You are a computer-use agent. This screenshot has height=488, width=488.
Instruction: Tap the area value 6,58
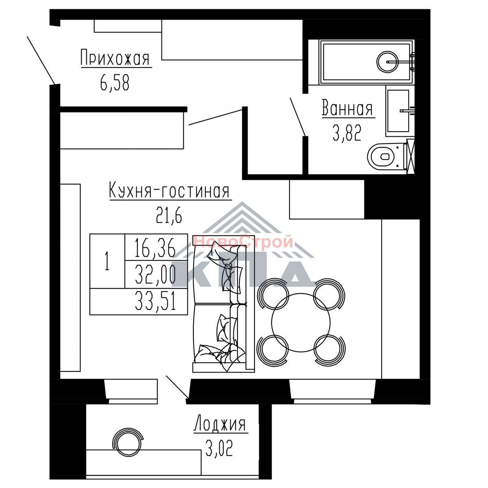coord(115,83)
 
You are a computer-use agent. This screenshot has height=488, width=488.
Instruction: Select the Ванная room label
coord(347,108)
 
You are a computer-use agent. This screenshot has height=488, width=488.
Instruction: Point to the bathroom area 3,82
coord(347,133)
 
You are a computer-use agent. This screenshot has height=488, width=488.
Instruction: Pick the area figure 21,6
coord(169,215)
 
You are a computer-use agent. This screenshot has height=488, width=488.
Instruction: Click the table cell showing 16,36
coord(156,247)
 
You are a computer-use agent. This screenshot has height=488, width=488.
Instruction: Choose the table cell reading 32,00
coord(156,274)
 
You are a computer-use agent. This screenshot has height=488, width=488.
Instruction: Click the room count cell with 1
coord(107,261)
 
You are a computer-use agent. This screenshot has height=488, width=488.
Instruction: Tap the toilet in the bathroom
coord(387,156)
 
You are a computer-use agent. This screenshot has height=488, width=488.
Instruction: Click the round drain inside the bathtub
coord(387,61)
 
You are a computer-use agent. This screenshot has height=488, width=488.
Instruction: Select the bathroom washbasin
coord(398,111)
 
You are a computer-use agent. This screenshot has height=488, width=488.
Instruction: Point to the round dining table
coord(301,322)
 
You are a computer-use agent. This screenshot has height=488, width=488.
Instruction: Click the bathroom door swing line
coord(297,116)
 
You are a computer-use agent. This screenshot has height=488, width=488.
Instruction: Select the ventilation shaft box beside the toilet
coord(410,156)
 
